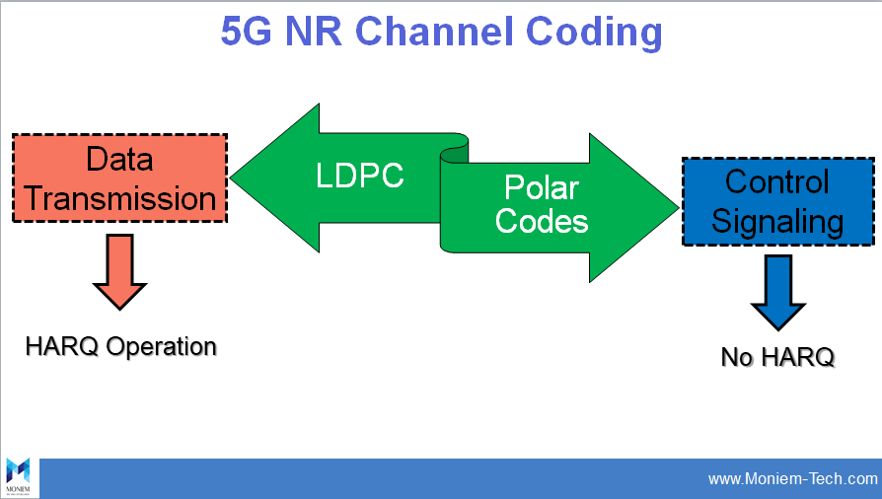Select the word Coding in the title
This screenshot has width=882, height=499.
tap(595, 32)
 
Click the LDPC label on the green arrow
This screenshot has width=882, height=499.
tap(360, 176)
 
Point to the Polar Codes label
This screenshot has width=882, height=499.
tap(541, 204)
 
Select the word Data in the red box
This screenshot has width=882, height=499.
tap(119, 159)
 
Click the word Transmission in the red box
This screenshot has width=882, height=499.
tap(119, 198)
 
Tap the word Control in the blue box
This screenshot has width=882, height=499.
tap(777, 181)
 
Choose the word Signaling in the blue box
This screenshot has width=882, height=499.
tap(777, 221)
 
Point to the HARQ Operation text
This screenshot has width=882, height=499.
tap(120, 347)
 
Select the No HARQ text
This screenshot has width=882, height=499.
tap(777, 356)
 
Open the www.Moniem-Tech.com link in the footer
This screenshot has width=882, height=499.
tap(792, 479)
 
